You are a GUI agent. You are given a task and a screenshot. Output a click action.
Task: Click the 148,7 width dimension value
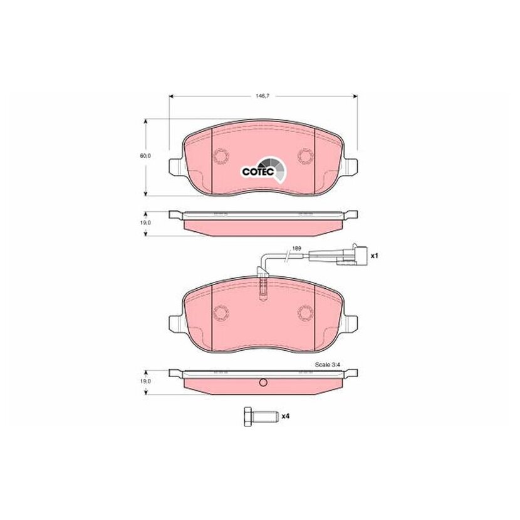pos(262,96)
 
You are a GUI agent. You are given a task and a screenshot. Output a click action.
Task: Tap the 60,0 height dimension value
pos(145,155)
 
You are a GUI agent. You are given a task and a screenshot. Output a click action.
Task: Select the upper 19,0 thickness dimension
pos(145,223)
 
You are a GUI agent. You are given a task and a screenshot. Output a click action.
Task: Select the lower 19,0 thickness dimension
pos(145,382)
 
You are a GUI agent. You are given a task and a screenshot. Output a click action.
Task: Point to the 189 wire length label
pos(297,248)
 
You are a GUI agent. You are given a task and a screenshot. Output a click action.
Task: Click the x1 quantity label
pos(374,256)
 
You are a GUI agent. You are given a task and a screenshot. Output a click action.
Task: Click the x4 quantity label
pos(285,416)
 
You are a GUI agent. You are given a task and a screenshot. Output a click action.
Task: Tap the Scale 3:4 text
pos(328,365)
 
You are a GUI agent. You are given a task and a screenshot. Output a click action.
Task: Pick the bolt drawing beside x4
pos(259,416)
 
